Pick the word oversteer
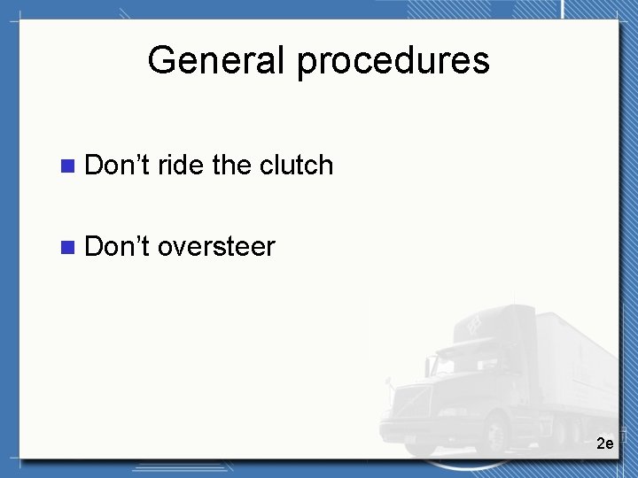pyautogui.click(x=216, y=246)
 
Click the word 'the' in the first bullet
pyautogui.click(x=232, y=165)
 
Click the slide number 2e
pyautogui.click(x=604, y=443)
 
